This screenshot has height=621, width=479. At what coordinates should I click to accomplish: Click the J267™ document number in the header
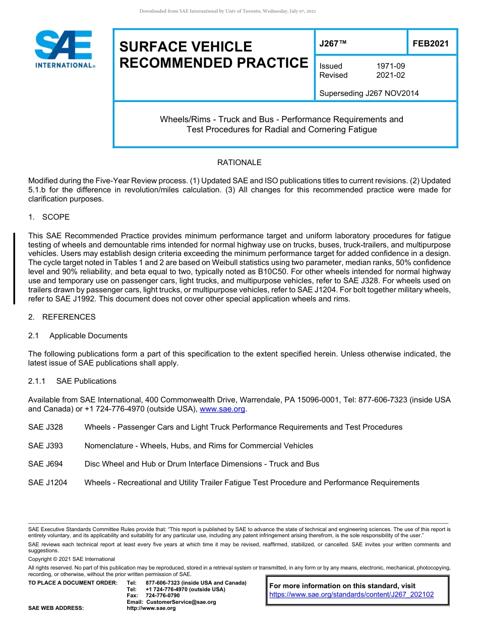click(333, 44)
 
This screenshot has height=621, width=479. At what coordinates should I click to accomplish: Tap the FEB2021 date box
click(431, 44)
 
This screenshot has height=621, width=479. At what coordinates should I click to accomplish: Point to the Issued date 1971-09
click(391, 66)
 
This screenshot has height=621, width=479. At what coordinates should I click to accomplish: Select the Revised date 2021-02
click(391, 75)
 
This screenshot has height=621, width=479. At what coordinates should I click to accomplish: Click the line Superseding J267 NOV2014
click(369, 93)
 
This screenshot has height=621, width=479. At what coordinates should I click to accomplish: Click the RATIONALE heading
click(239, 163)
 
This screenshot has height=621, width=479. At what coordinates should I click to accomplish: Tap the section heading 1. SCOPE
click(49, 217)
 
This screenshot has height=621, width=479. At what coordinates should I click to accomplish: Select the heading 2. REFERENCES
click(62, 317)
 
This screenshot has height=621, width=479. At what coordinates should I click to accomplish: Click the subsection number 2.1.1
click(37, 381)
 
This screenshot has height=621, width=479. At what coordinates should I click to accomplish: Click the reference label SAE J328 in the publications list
click(46, 427)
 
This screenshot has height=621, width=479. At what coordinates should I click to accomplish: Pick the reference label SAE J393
click(46, 446)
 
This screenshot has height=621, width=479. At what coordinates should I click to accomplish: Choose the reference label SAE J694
click(46, 464)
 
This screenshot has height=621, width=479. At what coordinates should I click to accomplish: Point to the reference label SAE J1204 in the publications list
click(48, 483)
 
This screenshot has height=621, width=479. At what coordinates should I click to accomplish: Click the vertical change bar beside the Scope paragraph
click(14, 268)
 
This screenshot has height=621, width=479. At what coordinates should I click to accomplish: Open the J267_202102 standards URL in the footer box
click(351, 595)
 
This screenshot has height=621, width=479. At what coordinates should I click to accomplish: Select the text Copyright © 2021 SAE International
click(72, 559)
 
